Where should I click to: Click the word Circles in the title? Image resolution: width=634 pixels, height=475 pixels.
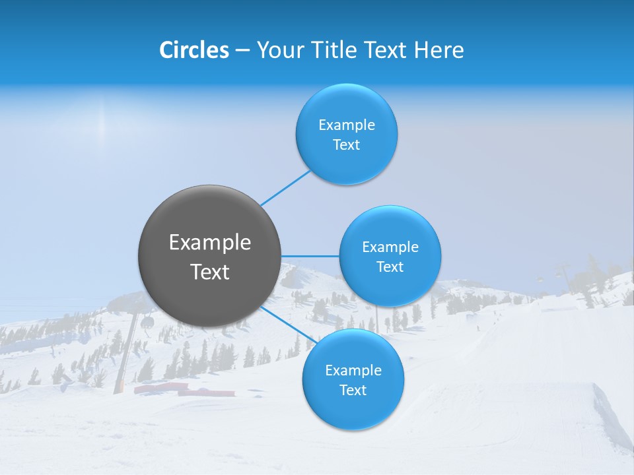pos(194,50)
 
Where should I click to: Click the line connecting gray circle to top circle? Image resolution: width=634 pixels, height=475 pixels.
pos(285,188)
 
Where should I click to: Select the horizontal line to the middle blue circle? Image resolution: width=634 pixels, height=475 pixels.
pos(310,256)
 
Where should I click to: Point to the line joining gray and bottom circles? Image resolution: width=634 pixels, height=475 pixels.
pos(289,324)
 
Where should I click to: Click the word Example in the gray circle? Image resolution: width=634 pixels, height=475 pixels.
pos(210,243)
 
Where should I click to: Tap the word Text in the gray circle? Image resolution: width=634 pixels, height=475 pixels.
pos(210,272)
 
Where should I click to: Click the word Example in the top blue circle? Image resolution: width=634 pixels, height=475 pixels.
pos(347,125)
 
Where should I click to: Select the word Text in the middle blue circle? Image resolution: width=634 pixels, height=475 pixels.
pos(390,267)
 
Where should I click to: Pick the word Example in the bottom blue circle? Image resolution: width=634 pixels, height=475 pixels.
pos(353,370)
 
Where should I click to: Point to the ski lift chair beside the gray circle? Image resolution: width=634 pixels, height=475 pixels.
pos(147,322)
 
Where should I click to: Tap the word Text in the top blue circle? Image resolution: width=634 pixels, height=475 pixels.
pos(347,145)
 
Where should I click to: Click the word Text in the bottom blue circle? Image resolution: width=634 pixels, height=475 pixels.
pos(353,391)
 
